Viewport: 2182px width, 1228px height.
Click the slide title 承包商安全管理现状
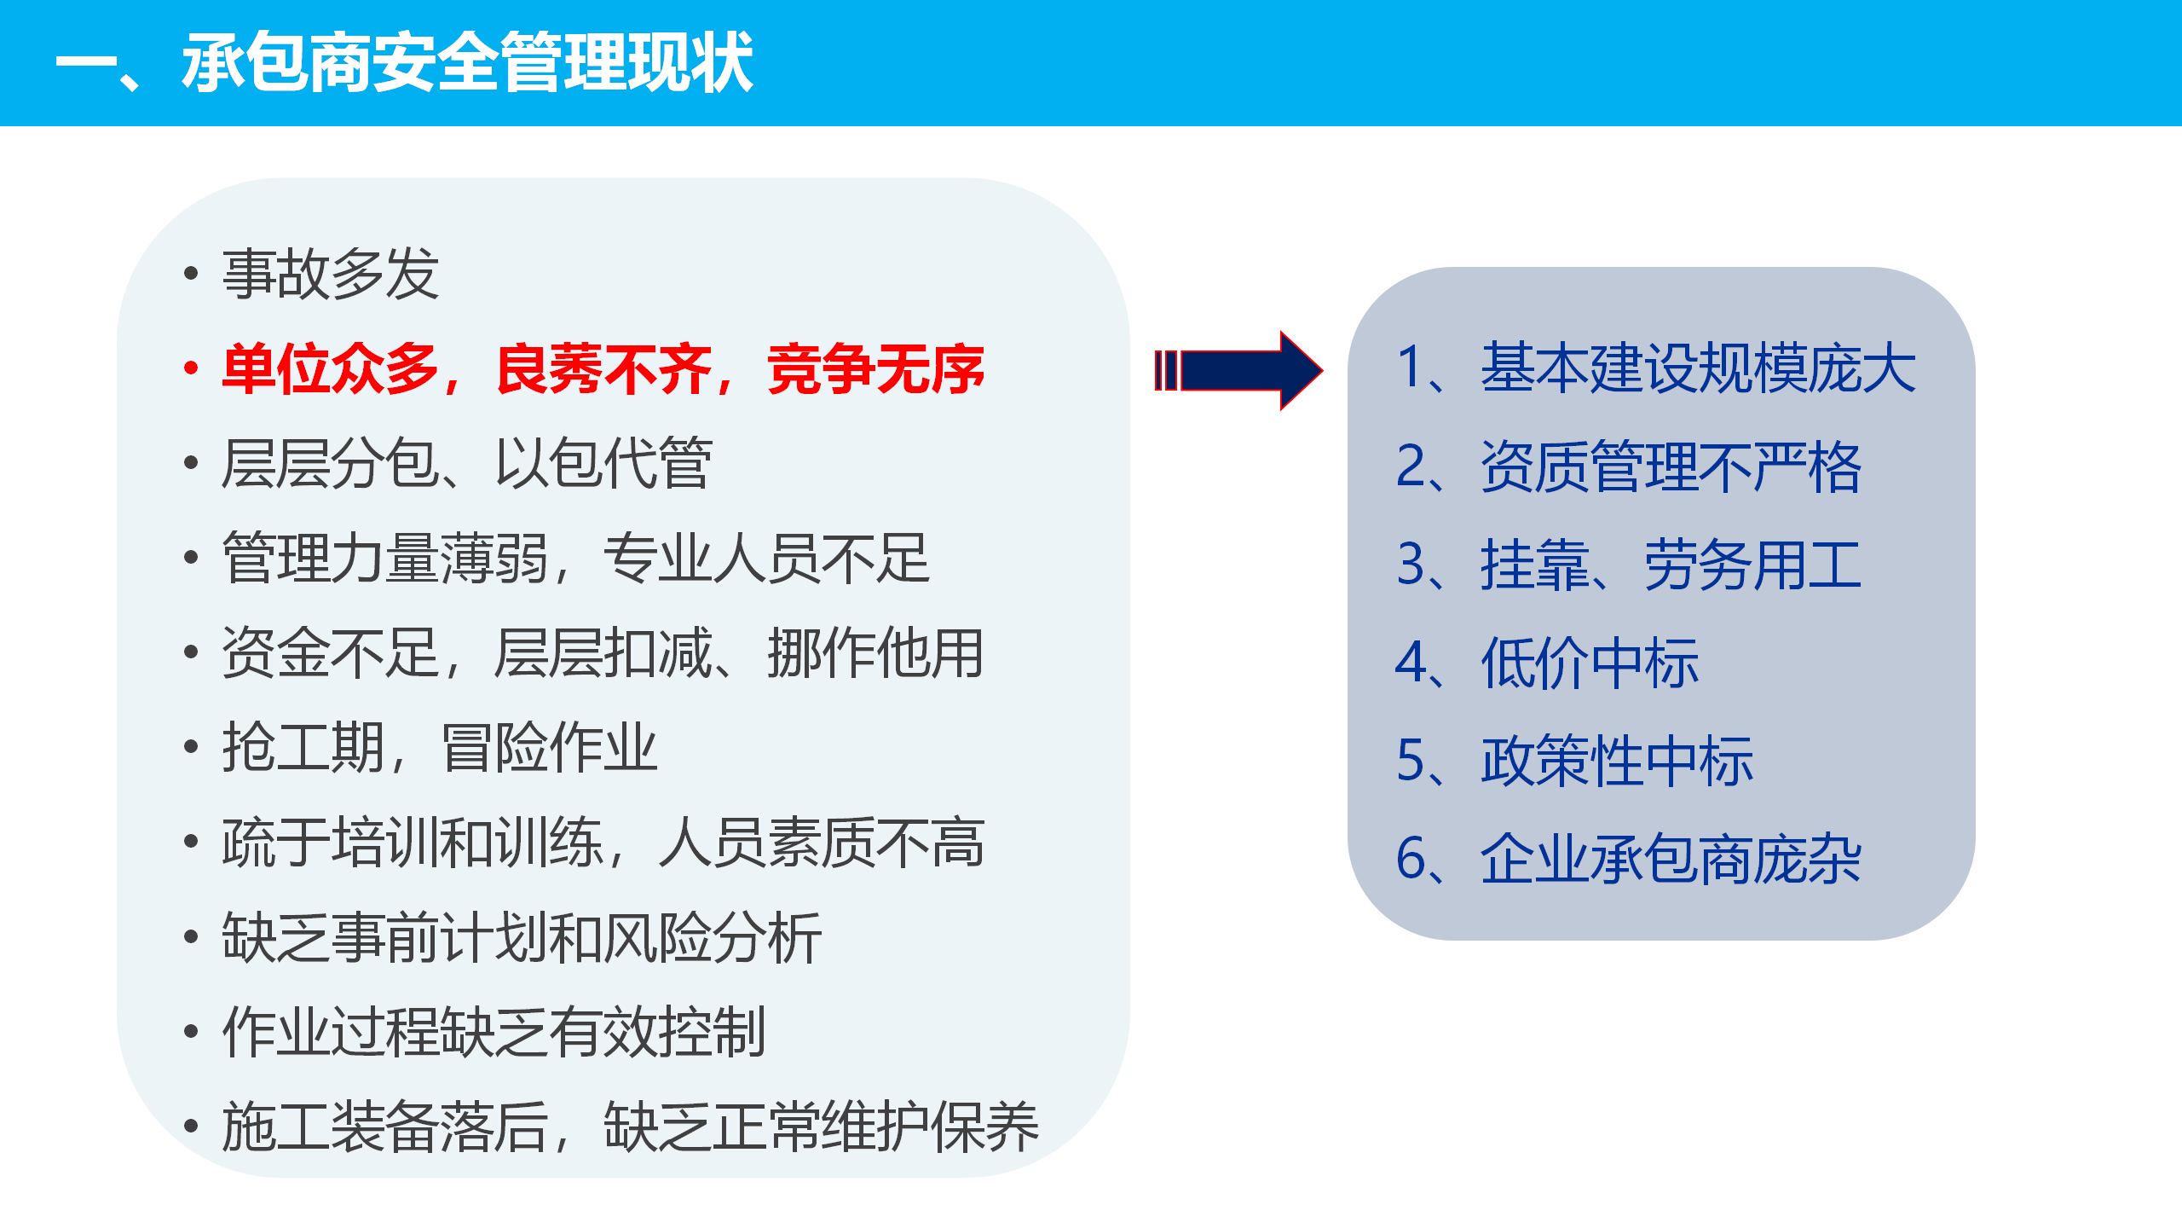[x=467, y=62]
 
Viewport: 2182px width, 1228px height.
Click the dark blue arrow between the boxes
[x=1238, y=371]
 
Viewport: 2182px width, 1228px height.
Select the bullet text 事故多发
[x=331, y=275]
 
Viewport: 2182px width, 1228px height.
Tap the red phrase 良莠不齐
[x=603, y=369]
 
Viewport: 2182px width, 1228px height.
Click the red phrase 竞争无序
[x=876, y=369]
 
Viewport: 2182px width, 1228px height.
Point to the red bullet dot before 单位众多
[x=191, y=368]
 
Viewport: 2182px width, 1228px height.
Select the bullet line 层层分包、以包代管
[x=467, y=464]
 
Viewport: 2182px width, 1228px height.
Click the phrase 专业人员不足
[x=766, y=559]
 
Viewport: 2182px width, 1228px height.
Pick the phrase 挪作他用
[x=876, y=653]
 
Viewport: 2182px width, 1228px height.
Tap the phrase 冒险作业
[x=549, y=748]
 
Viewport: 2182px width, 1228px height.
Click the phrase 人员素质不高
[x=822, y=843]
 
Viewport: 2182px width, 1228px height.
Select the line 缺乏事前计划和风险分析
[x=522, y=938]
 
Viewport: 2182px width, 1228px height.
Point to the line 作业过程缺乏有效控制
[x=494, y=1033]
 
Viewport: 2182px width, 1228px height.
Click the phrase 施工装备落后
[x=385, y=1127]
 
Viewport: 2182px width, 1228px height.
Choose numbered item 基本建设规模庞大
[x=1698, y=368]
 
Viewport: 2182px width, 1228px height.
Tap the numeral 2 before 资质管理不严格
[x=1411, y=466]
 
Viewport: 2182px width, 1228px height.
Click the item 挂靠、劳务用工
[x=1671, y=565]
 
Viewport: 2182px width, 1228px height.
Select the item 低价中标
[x=1590, y=663]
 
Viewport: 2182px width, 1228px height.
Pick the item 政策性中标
[x=1617, y=761]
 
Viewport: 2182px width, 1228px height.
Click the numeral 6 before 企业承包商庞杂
[x=1411, y=859]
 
